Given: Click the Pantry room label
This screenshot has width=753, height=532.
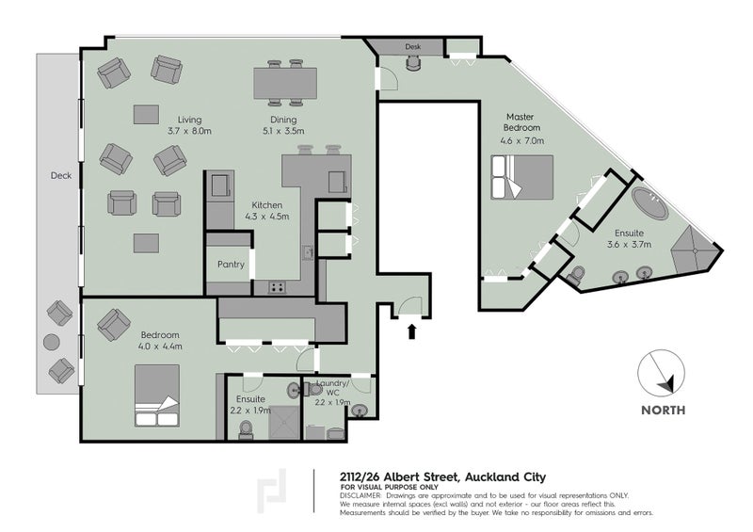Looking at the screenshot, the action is tap(231, 265).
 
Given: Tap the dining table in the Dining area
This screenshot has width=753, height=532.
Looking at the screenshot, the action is tap(285, 83).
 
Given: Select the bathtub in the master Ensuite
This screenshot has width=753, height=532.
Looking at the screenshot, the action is tap(649, 203).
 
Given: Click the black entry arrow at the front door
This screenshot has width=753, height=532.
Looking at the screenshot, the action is tap(411, 331).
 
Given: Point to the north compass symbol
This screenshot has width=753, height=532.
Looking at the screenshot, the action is tap(662, 373).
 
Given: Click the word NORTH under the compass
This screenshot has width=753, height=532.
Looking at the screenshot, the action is tap(664, 410).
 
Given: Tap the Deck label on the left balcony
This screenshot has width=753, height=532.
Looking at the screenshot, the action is tap(61, 176).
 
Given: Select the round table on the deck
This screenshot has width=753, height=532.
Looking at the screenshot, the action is tap(52, 342).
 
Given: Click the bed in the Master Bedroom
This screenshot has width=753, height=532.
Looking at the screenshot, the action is tap(522, 177).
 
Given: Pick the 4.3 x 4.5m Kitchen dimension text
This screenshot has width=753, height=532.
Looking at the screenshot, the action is tap(267, 217).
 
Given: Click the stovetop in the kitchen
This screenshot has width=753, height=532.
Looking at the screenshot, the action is tap(277, 287).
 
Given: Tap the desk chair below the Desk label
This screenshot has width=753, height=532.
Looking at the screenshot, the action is tap(413, 63).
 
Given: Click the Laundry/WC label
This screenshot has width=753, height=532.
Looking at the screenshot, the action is tap(332, 388).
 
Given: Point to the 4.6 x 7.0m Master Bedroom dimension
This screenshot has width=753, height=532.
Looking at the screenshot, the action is tap(522, 141).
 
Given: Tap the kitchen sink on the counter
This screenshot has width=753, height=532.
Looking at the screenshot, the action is tap(308, 251).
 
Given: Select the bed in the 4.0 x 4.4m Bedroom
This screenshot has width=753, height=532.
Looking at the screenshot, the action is tap(157, 395).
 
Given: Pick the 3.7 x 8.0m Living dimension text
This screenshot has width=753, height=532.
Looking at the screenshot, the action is tap(189, 131).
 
